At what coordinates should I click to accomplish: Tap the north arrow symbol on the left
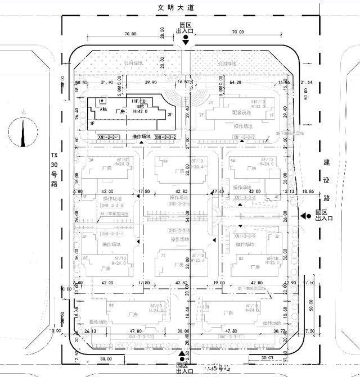(23, 129)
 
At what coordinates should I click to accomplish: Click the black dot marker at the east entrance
(309, 216)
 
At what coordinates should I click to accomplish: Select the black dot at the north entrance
(185, 37)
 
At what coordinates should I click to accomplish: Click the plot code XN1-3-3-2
(164, 137)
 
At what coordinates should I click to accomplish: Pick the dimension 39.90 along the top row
(150, 82)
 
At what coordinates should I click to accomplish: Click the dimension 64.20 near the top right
(236, 82)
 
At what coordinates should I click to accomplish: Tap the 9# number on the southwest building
(111, 306)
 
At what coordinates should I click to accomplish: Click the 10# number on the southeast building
(206, 307)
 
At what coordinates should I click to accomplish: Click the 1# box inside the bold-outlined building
(102, 101)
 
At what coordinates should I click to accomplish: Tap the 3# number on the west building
(91, 160)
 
